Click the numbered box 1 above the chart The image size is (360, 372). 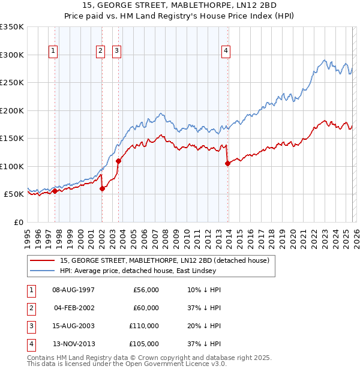(x=53, y=52)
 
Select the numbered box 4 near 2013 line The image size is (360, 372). (x=226, y=52)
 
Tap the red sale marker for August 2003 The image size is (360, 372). (x=118, y=161)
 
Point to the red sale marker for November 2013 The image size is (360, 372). (x=227, y=163)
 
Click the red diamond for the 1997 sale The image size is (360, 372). (x=55, y=191)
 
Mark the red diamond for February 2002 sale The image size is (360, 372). (x=102, y=188)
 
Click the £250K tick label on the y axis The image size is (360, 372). (x=12, y=83)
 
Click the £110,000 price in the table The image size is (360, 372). (x=145, y=327)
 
